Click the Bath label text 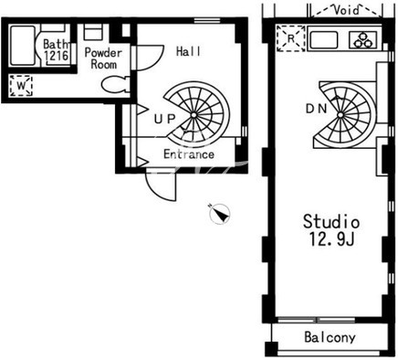[x=56, y=45]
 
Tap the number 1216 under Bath [x=56, y=56]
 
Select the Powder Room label [x=103, y=58]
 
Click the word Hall [x=188, y=51]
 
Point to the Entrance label [x=189, y=154]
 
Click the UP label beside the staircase [x=164, y=119]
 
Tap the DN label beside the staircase [x=316, y=109]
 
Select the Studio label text [x=331, y=222]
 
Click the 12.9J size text [x=331, y=238]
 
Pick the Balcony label [x=330, y=337]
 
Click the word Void [x=346, y=10]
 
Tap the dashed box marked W [x=21, y=86]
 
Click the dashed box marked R [x=291, y=38]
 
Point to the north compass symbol [x=220, y=214]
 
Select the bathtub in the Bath [x=23, y=46]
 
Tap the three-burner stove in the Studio [x=364, y=40]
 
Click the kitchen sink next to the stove [x=324, y=39]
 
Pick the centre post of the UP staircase [x=194, y=115]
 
